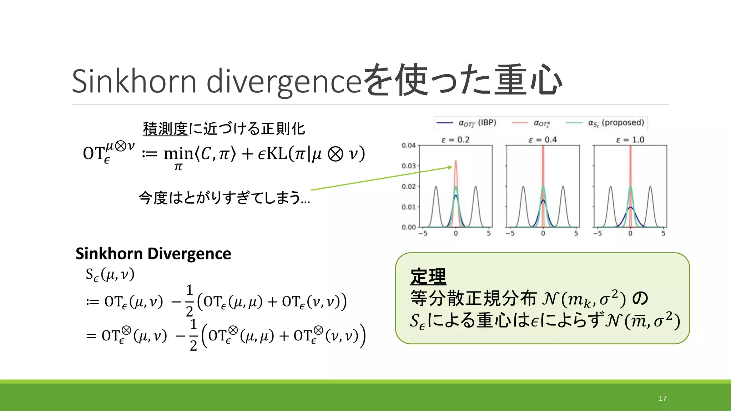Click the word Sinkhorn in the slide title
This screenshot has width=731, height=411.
134,81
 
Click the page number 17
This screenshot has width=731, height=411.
662,399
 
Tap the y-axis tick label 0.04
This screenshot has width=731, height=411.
408,145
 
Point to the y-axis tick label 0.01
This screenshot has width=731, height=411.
408,207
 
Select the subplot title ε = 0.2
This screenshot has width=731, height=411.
455,139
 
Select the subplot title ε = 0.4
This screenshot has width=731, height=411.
543,139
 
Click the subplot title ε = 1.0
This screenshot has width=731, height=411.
630,139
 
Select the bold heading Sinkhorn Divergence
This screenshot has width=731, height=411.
153,254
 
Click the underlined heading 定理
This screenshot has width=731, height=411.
428,276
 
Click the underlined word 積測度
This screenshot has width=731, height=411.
165,129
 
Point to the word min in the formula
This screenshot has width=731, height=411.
178,154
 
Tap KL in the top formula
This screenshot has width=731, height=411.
277,154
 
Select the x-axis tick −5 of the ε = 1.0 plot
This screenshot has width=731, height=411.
597,233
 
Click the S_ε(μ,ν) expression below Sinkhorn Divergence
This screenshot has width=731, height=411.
110,274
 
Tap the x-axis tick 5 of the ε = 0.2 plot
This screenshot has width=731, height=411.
489,233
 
